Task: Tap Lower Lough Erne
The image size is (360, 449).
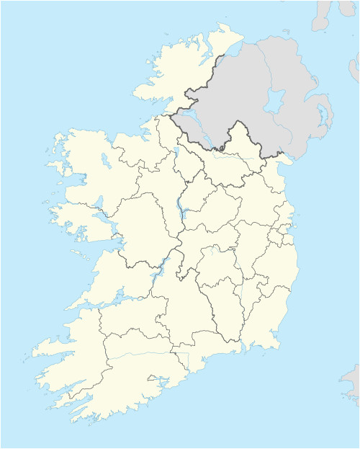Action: pos(189,118)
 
